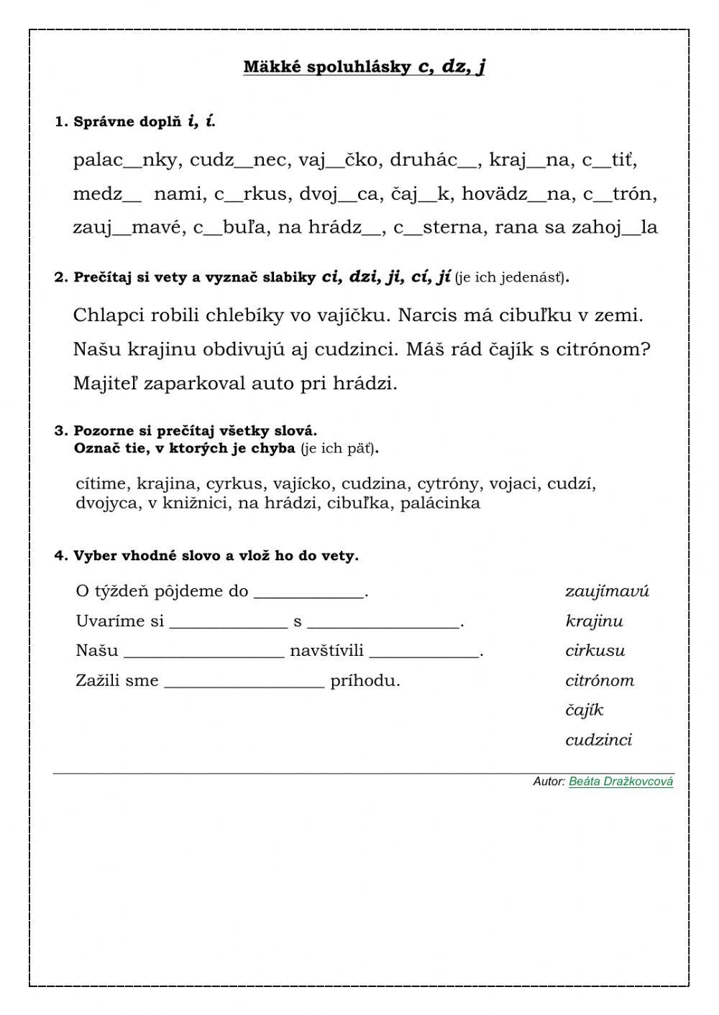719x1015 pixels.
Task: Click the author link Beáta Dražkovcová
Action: pyautogui.click(x=620, y=782)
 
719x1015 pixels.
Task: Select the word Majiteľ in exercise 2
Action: pyautogui.click(x=106, y=384)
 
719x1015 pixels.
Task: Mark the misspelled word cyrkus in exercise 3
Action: pyautogui.click(x=234, y=484)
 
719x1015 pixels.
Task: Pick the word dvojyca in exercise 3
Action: pyautogui.click(x=106, y=503)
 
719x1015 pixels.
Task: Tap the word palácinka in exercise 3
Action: pyautogui.click(x=440, y=503)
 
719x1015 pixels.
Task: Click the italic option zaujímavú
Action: pyautogui.click(x=607, y=592)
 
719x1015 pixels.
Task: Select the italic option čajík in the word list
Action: pyautogui.click(x=584, y=710)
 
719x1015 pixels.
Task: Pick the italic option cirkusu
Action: pyautogui.click(x=595, y=651)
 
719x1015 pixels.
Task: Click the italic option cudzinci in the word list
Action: pyautogui.click(x=598, y=740)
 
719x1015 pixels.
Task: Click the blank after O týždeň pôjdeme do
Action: pyautogui.click(x=310, y=593)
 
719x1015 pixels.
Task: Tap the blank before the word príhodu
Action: pyautogui.click(x=244, y=682)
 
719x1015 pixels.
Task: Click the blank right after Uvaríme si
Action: pyautogui.click(x=228, y=622)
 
